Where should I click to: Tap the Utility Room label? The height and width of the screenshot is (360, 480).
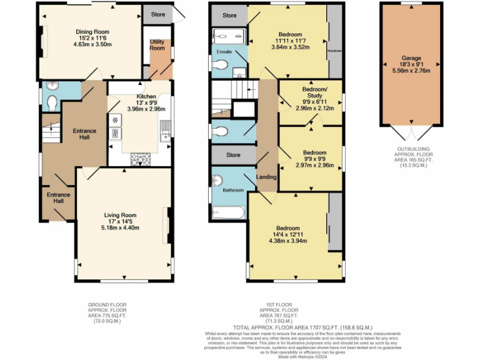point(157,44)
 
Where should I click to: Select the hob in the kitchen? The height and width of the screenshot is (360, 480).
point(136,159)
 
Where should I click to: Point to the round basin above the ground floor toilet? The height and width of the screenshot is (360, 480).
point(50,87)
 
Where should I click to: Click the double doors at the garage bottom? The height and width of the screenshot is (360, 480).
point(411,134)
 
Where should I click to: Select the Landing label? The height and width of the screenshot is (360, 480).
point(267,177)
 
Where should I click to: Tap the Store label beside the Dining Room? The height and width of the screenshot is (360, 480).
point(157,13)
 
